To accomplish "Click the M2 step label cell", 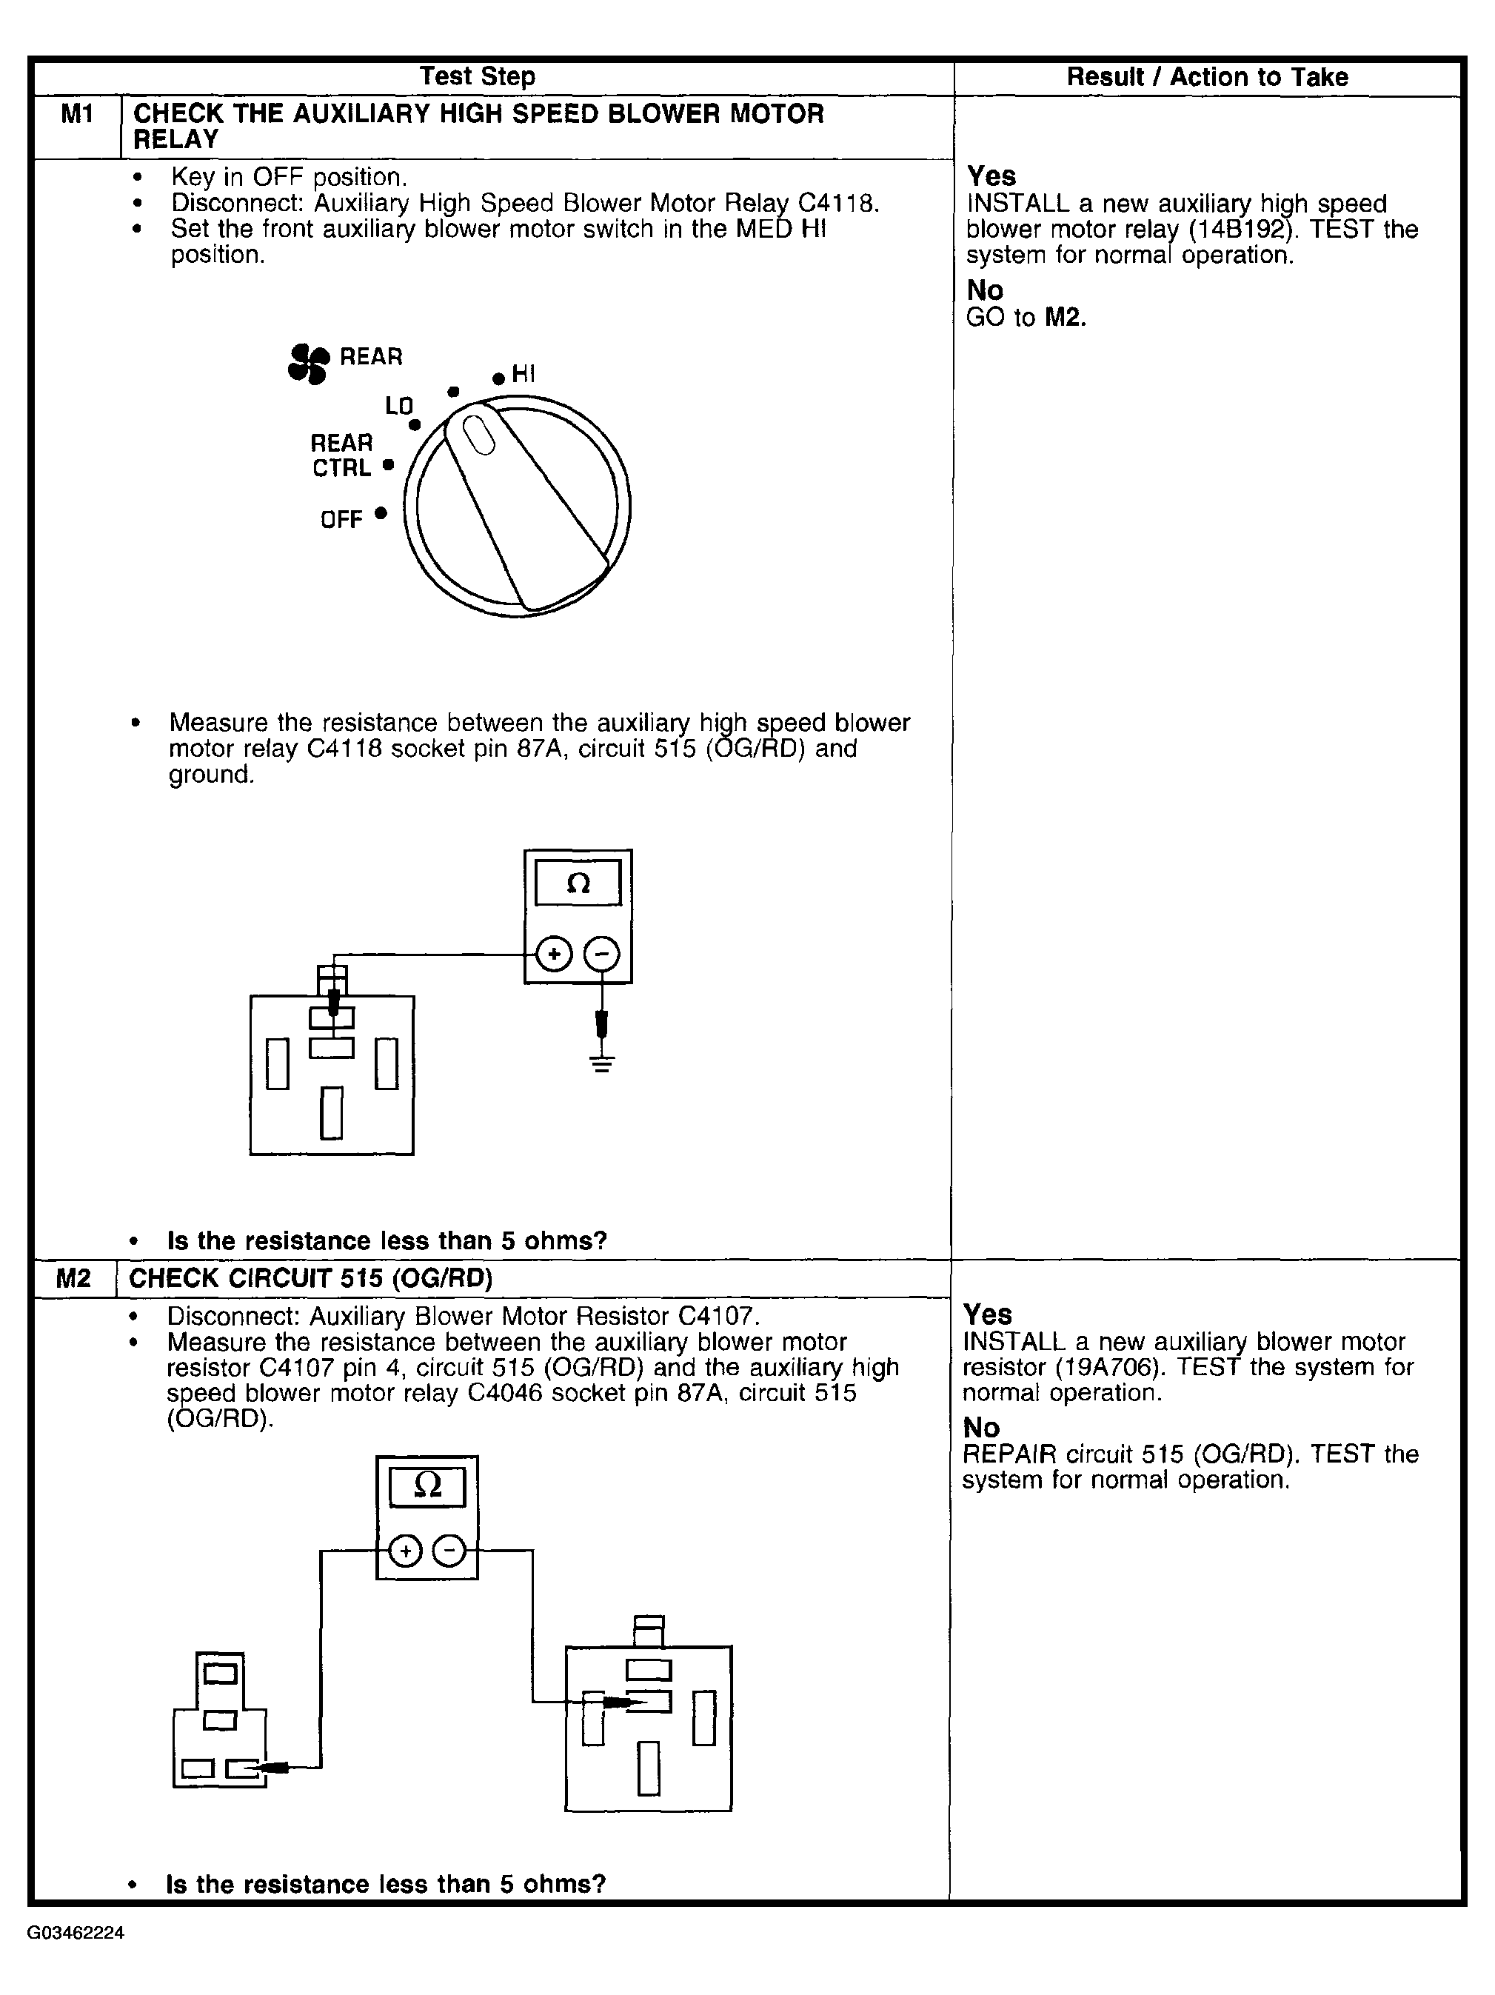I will (x=74, y=1278).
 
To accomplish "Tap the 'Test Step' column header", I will (x=477, y=77).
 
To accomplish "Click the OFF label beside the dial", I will (x=341, y=520).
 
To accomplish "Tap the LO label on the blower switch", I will (x=398, y=406).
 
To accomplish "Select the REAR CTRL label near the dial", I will (x=342, y=455).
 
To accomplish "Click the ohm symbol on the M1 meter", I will (x=578, y=883).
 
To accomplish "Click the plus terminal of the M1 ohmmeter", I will (x=554, y=955).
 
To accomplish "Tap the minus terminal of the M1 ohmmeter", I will (x=601, y=955).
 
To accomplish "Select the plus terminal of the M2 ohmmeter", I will (x=405, y=1551).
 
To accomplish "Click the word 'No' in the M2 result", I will (x=981, y=1428).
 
